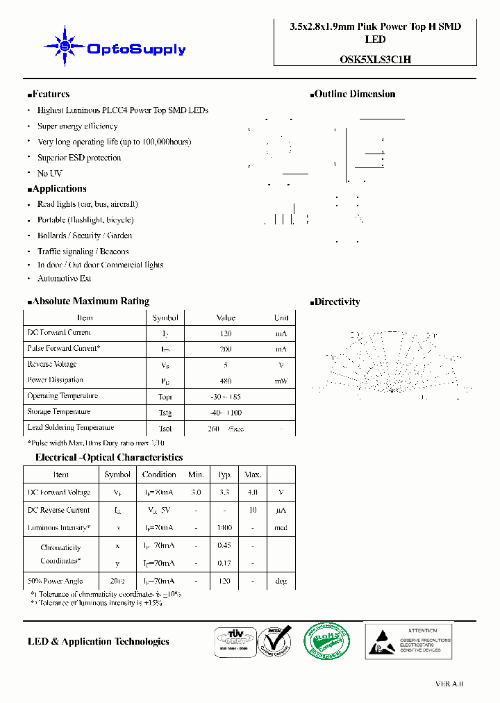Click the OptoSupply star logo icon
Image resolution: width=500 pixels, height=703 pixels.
coord(65,47)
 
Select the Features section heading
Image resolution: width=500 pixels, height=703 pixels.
coord(49,94)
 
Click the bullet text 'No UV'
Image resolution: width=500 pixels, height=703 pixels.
coord(49,173)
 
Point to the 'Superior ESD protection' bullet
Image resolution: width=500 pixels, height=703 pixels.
coord(78,158)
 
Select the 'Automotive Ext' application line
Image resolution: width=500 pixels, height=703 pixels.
coord(64,279)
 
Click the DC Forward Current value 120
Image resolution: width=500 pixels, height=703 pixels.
coord(225,333)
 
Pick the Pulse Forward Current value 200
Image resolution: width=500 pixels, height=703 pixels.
coord(225,349)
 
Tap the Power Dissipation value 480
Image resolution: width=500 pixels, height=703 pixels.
coord(225,381)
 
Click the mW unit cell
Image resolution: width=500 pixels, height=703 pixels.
coord(281,381)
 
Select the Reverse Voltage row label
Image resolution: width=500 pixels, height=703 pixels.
coord(52,365)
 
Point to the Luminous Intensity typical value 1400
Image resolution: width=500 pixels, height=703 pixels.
coord(224,528)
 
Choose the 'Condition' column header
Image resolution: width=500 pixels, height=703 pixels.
coord(159,474)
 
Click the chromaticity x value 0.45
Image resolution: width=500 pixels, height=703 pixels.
coord(224,546)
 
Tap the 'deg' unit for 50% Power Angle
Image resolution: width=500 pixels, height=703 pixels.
coord(281,581)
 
